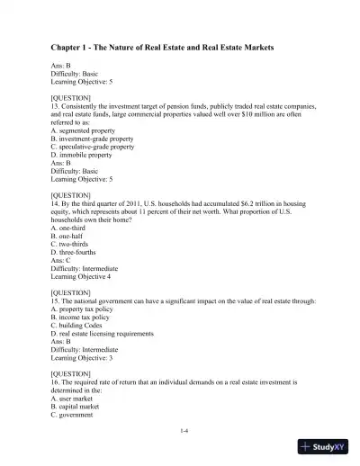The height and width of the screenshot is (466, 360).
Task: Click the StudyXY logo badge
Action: pyautogui.click(x=326, y=447)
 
